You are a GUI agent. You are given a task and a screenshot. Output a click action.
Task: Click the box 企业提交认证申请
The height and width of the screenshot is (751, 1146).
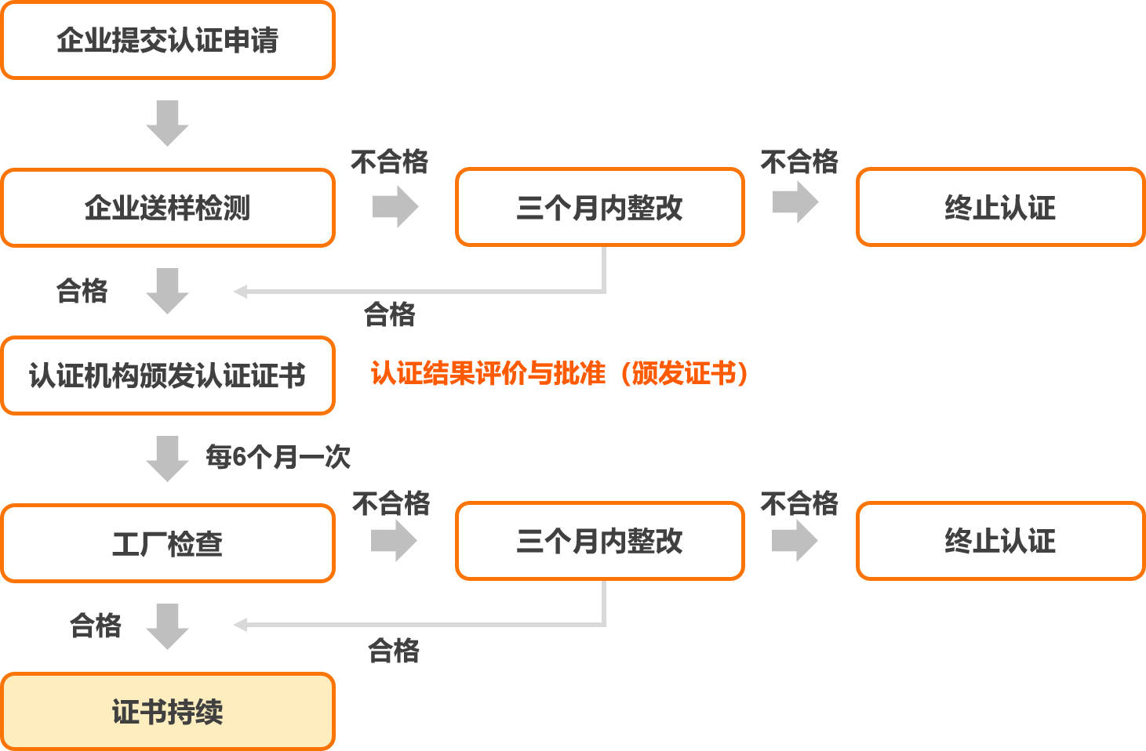coord(168,40)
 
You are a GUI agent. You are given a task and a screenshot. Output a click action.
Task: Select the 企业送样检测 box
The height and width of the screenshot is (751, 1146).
coord(168,208)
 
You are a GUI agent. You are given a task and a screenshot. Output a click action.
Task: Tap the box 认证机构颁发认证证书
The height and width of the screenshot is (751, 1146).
coord(168,375)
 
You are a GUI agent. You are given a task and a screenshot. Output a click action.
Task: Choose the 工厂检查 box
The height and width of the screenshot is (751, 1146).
coord(168,543)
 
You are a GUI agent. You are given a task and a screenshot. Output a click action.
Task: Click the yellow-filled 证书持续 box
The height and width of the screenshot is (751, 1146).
coord(168,711)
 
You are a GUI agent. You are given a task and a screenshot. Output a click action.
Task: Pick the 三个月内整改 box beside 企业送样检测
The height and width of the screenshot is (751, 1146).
coord(599,207)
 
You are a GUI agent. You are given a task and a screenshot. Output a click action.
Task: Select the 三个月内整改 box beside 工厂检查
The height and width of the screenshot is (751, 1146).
coord(599,541)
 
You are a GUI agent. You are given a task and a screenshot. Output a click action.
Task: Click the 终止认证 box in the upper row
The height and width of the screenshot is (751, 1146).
coord(1000,207)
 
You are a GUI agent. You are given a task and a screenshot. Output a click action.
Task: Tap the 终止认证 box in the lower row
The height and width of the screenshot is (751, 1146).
coord(1000,541)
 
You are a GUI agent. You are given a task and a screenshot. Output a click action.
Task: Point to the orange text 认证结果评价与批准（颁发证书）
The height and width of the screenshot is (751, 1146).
coord(559,373)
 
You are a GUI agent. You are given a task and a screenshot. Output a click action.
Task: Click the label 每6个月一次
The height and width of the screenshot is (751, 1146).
coord(278,456)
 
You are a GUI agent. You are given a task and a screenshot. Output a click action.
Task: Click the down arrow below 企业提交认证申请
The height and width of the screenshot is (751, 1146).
coord(167,123)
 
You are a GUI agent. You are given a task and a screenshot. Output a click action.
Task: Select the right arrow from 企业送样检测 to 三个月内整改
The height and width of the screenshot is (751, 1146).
coord(395,206)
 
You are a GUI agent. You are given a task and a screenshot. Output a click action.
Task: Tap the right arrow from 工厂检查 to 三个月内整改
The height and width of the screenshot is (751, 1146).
coord(394,541)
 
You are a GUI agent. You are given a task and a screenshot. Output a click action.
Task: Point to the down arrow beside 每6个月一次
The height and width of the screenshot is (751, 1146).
coord(167,459)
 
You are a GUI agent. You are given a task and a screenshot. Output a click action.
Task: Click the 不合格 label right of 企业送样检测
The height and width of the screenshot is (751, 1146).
coord(389,162)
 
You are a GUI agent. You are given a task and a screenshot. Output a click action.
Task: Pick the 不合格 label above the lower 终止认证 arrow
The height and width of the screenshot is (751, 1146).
coord(799,503)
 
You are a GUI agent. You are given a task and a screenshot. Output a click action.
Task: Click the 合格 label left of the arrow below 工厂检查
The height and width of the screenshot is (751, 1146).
coord(96,626)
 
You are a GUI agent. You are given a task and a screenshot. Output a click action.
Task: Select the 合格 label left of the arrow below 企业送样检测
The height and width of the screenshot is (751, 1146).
coord(82,291)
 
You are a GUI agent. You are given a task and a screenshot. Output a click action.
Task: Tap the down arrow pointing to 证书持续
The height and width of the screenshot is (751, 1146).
coord(167,626)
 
